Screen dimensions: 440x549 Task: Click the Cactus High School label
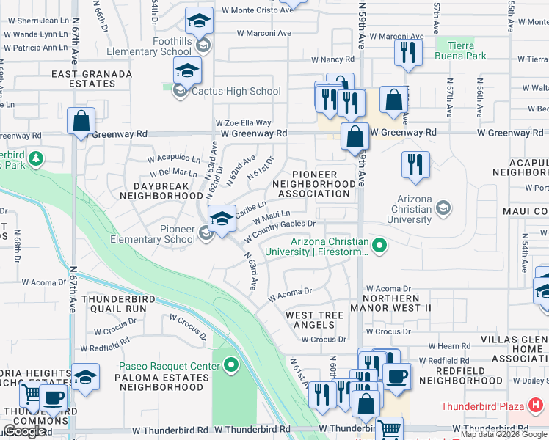[236, 92]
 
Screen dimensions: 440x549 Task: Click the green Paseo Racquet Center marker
[232, 364]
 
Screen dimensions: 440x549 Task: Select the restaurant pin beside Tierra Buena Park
[407, 53]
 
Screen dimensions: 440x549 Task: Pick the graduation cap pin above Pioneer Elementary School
[222, 218]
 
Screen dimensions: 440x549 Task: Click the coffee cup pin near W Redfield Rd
[397, 377]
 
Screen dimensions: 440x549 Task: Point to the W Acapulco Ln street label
[173, 158]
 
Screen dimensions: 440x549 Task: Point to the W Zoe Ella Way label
[243, 123]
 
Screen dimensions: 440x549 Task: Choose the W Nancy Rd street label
[332, 59]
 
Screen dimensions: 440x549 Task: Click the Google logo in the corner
[24, 431]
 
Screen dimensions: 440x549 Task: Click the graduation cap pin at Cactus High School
[187, 72]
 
